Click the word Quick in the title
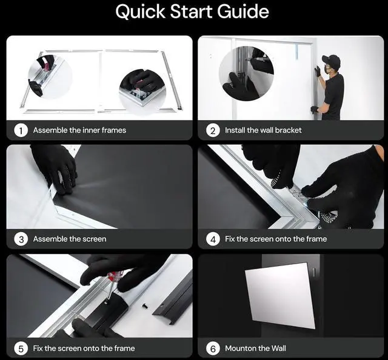(140, 12)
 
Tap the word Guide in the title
(243, 12)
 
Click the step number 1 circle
(21, 130)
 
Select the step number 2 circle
(213, 130)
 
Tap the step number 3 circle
(21, 239)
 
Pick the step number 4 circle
(213, 239)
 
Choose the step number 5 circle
(21, 348)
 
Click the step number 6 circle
(213, 348)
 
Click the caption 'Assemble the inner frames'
(79, 130)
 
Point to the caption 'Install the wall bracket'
(263, 130)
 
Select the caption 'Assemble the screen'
(70, 239)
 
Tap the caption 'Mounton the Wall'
(255, 348)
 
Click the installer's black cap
(331, 60)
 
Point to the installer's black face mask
(328, 70)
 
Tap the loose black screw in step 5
(144, 306)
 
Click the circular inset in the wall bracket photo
(247, 74)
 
